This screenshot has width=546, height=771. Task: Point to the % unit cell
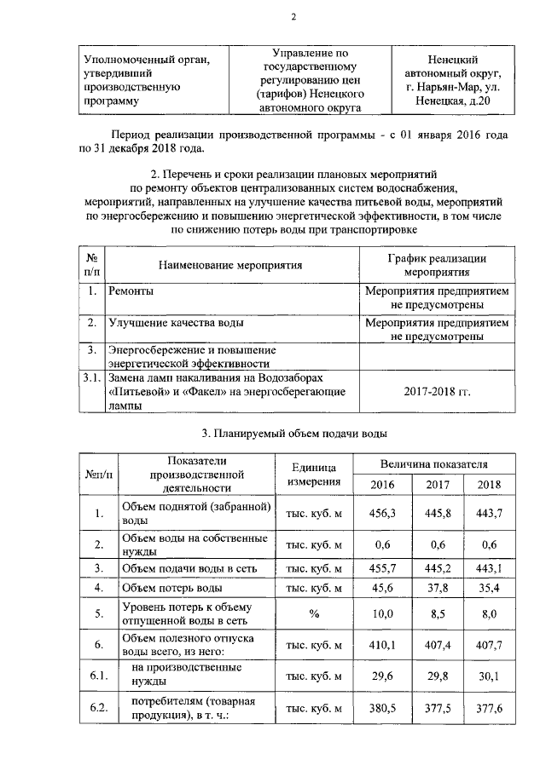tap(314, 613)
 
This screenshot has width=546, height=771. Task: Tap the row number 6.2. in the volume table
tap(99, 708)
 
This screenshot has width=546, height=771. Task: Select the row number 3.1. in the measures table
tap(90, 377)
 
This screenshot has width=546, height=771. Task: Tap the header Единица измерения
tap(314, 475)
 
